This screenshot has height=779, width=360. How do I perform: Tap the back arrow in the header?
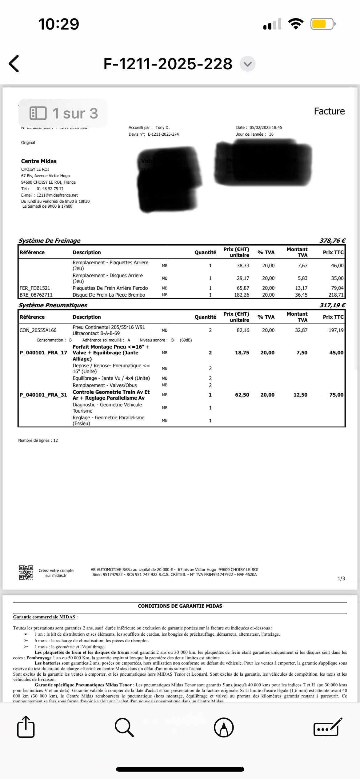click(14, 64)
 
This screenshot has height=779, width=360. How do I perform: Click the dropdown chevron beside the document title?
click(247, 64)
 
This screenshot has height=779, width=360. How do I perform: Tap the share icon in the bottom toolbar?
click(26, 727)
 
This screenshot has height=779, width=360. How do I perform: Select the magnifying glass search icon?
click(124, 727)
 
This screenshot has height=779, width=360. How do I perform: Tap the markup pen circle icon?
click(224, 727)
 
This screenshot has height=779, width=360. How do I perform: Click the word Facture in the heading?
click(329, 111)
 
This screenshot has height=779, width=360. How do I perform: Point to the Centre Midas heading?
click(39, 161)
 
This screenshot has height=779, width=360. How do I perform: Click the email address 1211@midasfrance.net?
click(57, 195)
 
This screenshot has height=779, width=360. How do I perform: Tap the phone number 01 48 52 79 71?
click(50, 189)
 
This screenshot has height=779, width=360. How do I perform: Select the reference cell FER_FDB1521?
click(35, 288)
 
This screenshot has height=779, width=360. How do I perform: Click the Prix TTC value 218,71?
click(336, 295)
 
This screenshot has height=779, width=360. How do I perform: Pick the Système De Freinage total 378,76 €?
click(332, 241)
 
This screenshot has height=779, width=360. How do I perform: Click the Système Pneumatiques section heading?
click(53, 305)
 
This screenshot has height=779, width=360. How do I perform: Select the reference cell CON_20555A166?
click(38, 330)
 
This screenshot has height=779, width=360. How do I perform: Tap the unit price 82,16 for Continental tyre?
click(243, 330)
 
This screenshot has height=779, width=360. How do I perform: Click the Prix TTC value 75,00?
click(336, 395)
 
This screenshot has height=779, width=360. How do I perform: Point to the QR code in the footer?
click(26, 573)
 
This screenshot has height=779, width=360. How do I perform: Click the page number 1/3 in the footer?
click(341, 579)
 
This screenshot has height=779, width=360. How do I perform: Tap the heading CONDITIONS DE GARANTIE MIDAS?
click(180, 606)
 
